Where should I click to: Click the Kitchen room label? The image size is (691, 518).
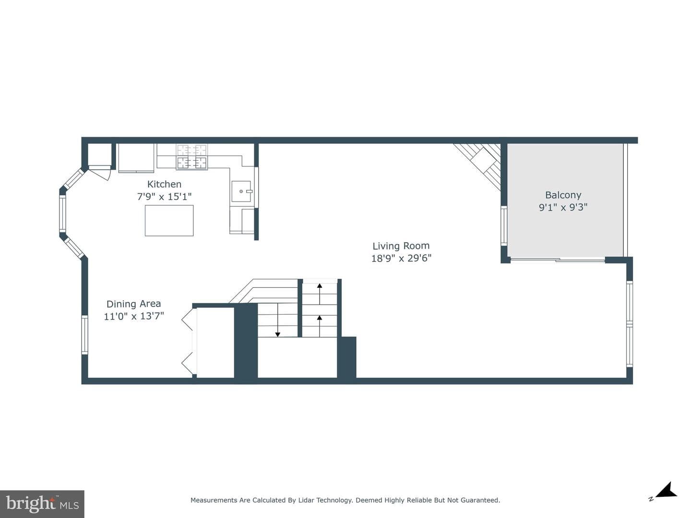tap(164, 184)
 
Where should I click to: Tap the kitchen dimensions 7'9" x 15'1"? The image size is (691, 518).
tap(164, 197)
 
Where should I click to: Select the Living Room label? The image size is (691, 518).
tap(401, 246)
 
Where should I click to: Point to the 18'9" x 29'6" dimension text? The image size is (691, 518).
tap(401, 258)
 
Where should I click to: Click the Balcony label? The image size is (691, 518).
tap(563, 195)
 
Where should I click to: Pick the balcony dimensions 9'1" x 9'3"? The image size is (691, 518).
tap(563, 207)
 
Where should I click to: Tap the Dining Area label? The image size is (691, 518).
tap(133, 304)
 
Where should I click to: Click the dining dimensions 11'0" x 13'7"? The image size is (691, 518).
tap(134, 316)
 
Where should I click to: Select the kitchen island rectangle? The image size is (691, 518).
tap(169, 221)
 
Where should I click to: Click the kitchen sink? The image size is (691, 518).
tap(241, 191)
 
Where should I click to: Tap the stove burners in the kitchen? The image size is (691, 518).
tap(192, 157)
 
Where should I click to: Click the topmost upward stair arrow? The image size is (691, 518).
tap(320, 294)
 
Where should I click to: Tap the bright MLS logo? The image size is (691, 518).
tap(42, 504)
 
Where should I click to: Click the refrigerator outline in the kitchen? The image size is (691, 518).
tap(136, 158)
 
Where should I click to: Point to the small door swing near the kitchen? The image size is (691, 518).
tap(100, 173)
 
